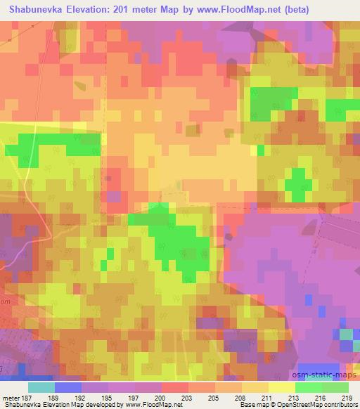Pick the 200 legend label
point(160,398)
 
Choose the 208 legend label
point(240,398)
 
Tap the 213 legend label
point(295,398)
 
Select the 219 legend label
point(348,398)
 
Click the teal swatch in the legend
point(41,387)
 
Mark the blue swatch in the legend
point(67,387)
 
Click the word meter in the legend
point(11,398)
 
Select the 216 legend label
point(321,398)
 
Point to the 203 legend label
point(187,398)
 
